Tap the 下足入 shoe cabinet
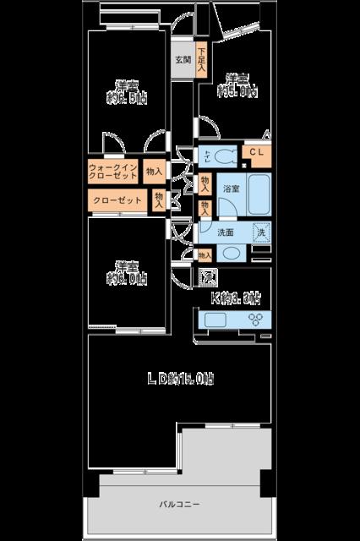click(201, 62)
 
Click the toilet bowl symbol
click(222, 156)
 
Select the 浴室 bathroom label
click(231, 188)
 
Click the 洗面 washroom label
click(226, 232)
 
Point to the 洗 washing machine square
click(261, 232)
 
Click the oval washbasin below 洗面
click(231, 252)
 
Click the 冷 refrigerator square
click(207, 276)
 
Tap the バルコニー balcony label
click(179, 505)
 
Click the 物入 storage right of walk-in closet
click(154, 172)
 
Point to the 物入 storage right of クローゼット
click(159, 199)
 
